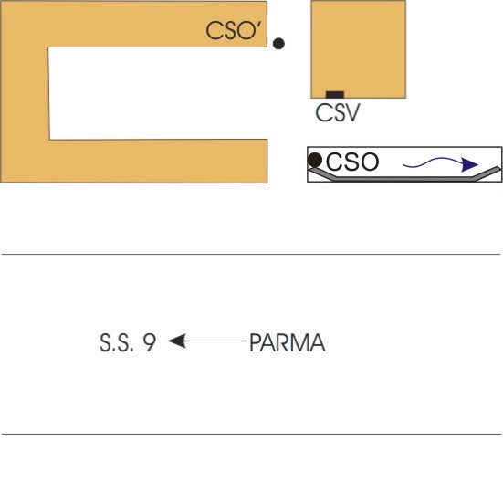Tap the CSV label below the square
click(338, 112)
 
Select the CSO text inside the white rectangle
click(352, 162)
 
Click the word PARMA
click(288, 343)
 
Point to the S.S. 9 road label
click(128, 343)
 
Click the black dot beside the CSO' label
click(278, 43)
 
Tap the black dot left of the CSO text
click(315, 160)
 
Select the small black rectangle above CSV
click(335, 95)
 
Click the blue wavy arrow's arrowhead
click(469, 164)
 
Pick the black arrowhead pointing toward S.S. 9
click(177, 341)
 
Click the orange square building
click(359, 49)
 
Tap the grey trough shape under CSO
click(404, 178)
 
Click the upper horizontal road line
click(251, 254)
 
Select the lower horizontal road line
click(251, 434)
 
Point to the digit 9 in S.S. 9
click(150, 343)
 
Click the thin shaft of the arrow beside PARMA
click(216, 341)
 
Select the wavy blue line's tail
click(406, 165)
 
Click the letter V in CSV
click(351, 112)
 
